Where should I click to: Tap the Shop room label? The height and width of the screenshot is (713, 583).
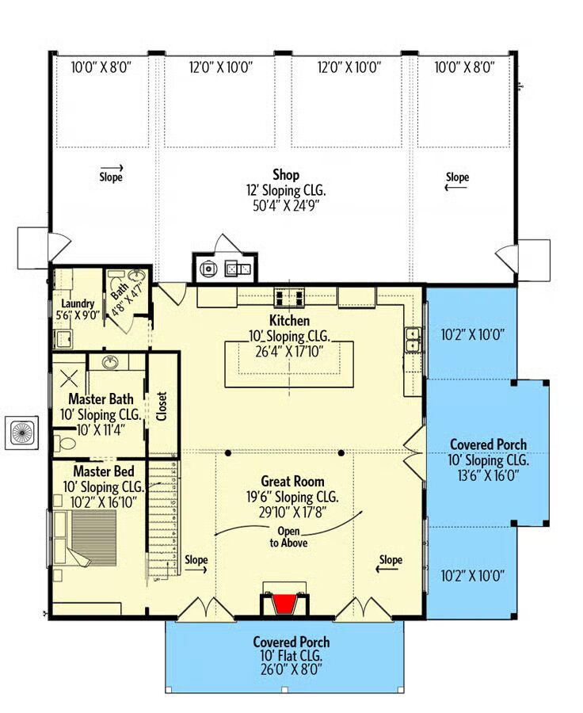[x=286, y=174]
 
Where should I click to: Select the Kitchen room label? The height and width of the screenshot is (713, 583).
[x=289, y=320]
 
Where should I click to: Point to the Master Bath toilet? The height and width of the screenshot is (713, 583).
[x=66, y=443]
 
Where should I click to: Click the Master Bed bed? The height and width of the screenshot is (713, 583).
[x=86, y=539]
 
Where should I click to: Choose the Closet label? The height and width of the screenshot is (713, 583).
[x=162, y=406]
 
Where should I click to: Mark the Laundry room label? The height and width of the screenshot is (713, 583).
[x=78, y=303]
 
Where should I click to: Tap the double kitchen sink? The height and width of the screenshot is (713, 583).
[x=413, y=340]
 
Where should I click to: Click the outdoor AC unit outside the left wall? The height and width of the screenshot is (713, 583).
[x=22, y=433]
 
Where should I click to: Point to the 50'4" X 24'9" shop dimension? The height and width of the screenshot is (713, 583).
[x=286, y=206]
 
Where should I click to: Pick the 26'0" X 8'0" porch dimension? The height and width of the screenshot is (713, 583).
[x=291, y=669]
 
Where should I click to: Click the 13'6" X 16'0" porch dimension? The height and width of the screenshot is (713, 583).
[x=489, y=475]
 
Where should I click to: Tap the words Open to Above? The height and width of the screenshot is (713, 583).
[x=288, y=536]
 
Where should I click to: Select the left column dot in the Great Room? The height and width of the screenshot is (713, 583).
[x=228, y=453]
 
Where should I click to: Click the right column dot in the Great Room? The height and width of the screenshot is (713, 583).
[x=341, y=453]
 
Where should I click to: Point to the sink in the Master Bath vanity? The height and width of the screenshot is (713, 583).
[x=109, y=362]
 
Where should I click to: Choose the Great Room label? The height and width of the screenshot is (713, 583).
[x=292, y=481]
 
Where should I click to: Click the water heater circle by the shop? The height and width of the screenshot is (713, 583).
[x=208, y=269]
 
